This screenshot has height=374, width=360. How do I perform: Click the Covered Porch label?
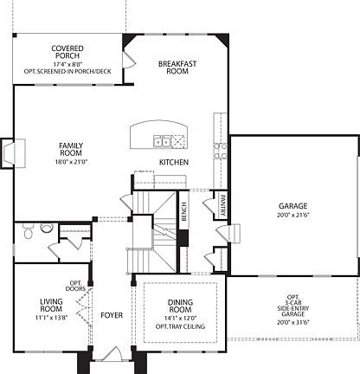click(x=67, y=53)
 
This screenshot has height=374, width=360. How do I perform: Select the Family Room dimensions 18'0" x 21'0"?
click(x=71, y=162)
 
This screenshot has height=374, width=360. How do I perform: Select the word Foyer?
click(x=112, y=315)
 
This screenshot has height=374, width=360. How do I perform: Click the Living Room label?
click(x=51, y=306)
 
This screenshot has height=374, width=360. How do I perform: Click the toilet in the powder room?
click(x=29, y=232)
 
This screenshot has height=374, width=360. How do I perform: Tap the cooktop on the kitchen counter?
click(x=220, y=152)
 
